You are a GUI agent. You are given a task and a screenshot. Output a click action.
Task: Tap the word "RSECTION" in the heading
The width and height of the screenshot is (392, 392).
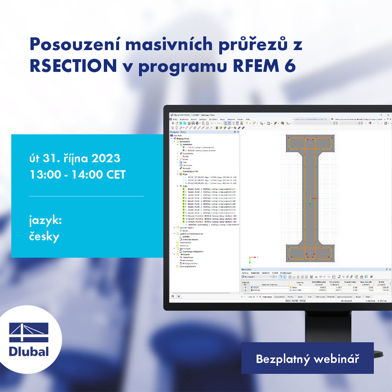click(73, 66)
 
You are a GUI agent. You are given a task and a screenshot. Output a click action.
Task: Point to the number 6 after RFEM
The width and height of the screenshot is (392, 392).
click(290, 66)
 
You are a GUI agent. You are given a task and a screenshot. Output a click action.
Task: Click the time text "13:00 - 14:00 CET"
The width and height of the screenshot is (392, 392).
click(78, 175)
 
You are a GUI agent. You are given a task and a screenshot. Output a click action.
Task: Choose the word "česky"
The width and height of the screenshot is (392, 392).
click(44, 237)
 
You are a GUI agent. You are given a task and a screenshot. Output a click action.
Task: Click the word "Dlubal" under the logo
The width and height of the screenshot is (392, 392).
click(29, 351)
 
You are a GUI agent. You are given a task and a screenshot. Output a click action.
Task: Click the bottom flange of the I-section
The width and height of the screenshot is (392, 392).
click(310, 253)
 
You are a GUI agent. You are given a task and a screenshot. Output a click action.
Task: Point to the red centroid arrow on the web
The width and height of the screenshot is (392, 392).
click(313, 198)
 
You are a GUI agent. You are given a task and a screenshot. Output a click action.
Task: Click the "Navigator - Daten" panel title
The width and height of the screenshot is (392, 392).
click(178, 132)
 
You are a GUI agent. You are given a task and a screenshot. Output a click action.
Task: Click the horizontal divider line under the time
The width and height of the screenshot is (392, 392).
click(87, 196)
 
